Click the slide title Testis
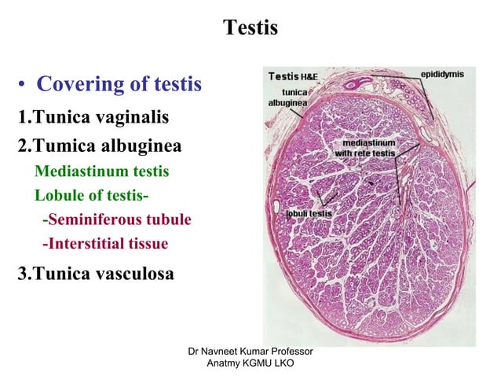251,28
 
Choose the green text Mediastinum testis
101,171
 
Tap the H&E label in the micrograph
310,77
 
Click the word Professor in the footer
292,350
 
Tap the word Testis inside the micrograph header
283,76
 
